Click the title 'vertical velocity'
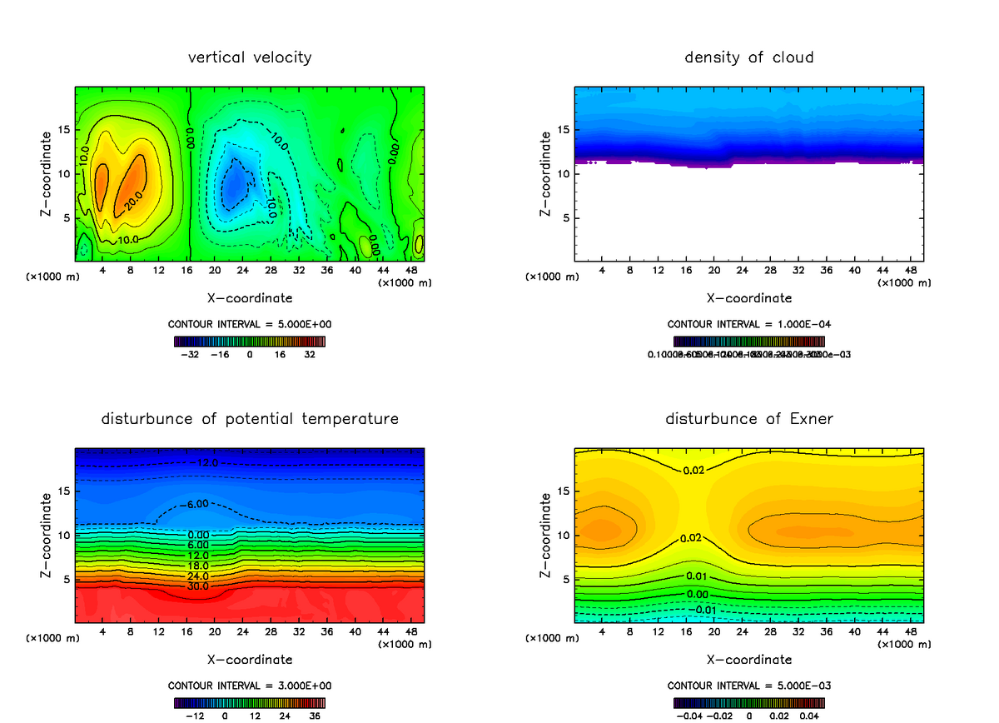point(250,57)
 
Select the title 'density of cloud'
point(749,57)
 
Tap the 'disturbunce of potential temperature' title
point(250,418)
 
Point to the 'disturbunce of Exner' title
point(749,418)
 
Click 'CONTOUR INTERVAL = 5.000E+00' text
point(250,324)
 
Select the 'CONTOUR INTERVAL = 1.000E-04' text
point(749,324)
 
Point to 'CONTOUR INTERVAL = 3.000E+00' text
point(250,686)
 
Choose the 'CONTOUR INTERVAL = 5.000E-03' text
point(749,686)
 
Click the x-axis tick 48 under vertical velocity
point(410,271)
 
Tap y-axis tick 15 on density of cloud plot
point(563,130)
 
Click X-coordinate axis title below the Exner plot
point(749,659)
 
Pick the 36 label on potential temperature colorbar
point(316,715)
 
